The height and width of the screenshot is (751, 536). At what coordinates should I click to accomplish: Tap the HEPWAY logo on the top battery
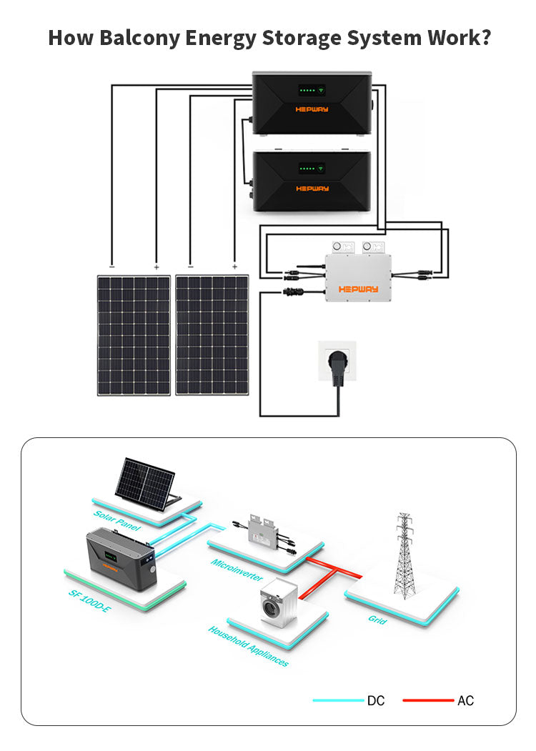click(312, 109)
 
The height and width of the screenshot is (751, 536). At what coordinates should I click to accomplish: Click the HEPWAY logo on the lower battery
click(312, 189)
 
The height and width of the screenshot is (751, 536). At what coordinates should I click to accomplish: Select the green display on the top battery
click(312, 91)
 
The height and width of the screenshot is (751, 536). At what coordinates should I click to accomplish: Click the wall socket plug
click(337, 364)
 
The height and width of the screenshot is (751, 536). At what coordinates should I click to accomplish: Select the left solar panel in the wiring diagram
click(134, 335)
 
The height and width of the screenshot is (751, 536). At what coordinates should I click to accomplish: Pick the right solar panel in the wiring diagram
click(212, 335)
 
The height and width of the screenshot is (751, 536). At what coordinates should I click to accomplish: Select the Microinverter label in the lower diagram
click(237, 570)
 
